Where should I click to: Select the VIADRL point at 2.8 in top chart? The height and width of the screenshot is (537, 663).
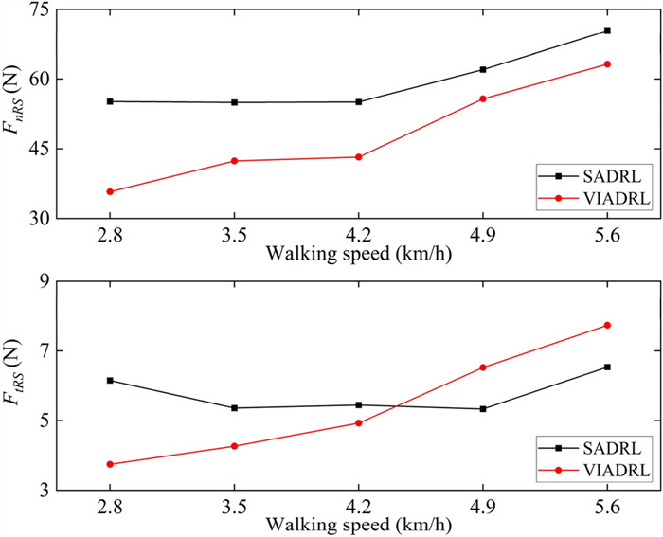[110, 191]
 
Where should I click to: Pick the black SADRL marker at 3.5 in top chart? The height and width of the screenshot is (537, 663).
[234, 102]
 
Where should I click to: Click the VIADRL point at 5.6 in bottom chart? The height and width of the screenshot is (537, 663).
[607, 325]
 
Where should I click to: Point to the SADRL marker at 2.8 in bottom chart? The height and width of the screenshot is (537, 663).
[110, 380]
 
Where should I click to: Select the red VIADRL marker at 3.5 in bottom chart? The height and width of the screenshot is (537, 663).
[234, 446]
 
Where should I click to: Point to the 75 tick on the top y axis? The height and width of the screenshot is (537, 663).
[41, 9]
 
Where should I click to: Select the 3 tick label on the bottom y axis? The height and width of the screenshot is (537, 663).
[45, 491]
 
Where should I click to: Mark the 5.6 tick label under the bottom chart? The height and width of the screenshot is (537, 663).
[607, 507]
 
